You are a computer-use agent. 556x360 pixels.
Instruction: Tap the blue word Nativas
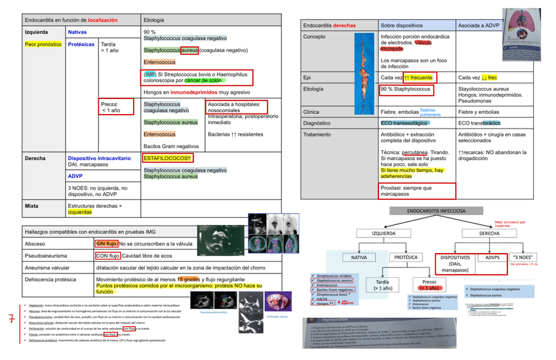click(x=77, y=31)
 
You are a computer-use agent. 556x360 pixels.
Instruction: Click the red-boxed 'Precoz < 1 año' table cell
click(x=116, y=107)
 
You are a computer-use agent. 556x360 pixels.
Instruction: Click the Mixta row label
click(x=33, y=205)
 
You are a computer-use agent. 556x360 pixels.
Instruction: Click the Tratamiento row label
click(x=319, y=134)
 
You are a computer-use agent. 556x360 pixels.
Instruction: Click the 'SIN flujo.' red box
click(x=106, y=244)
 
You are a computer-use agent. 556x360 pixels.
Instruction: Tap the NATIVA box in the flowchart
click(x=359, y=258)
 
